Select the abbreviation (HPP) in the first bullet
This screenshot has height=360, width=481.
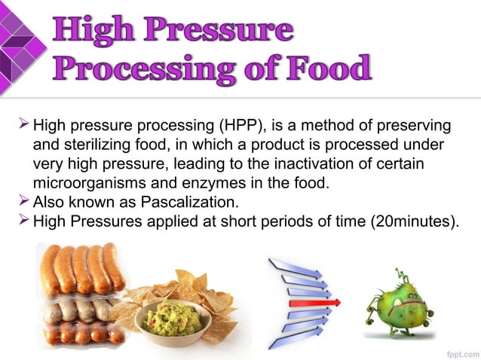tap(239, 124)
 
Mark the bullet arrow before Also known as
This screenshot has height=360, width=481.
tap(23, 202)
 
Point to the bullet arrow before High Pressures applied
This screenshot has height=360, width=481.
tap(23, 221)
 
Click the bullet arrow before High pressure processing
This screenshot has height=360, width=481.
tap(23, 124)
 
